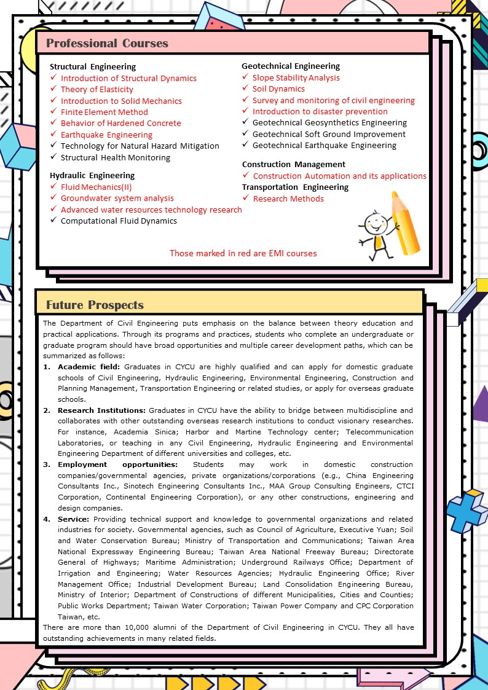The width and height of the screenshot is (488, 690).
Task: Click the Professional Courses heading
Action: (x=107, y=43)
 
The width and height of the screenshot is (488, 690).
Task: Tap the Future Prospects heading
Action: (x=95, y=305)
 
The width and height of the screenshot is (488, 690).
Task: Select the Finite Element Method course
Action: (x=104, y=112)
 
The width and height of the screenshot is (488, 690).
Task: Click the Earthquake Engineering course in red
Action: (x=106, y=135)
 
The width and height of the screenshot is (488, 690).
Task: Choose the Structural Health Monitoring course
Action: (x=116, y=157)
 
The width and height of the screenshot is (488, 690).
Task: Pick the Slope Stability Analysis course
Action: (x=296, y=77)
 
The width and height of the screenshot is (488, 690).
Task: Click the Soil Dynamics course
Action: (x=278, y=88)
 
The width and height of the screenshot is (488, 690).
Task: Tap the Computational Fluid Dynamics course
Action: (x=119, y=221)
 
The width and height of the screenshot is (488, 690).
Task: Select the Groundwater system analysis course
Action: (x=117, y=198)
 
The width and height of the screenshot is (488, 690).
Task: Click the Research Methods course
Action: (x=288, y=198)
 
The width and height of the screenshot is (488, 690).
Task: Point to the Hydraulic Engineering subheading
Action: (x=92, y=175)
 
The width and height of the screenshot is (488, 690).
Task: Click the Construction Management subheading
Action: (x=294, y=164)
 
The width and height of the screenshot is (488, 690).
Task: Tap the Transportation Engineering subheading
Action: (x=295, y=187)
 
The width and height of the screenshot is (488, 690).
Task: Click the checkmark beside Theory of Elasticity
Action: (x=54, y=89)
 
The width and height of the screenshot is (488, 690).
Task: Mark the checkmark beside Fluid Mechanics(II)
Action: (x=54, y=186)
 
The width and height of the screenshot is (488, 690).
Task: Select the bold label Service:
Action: (x=74, y=519)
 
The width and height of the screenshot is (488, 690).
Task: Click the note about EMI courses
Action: (x=243, y=253)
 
